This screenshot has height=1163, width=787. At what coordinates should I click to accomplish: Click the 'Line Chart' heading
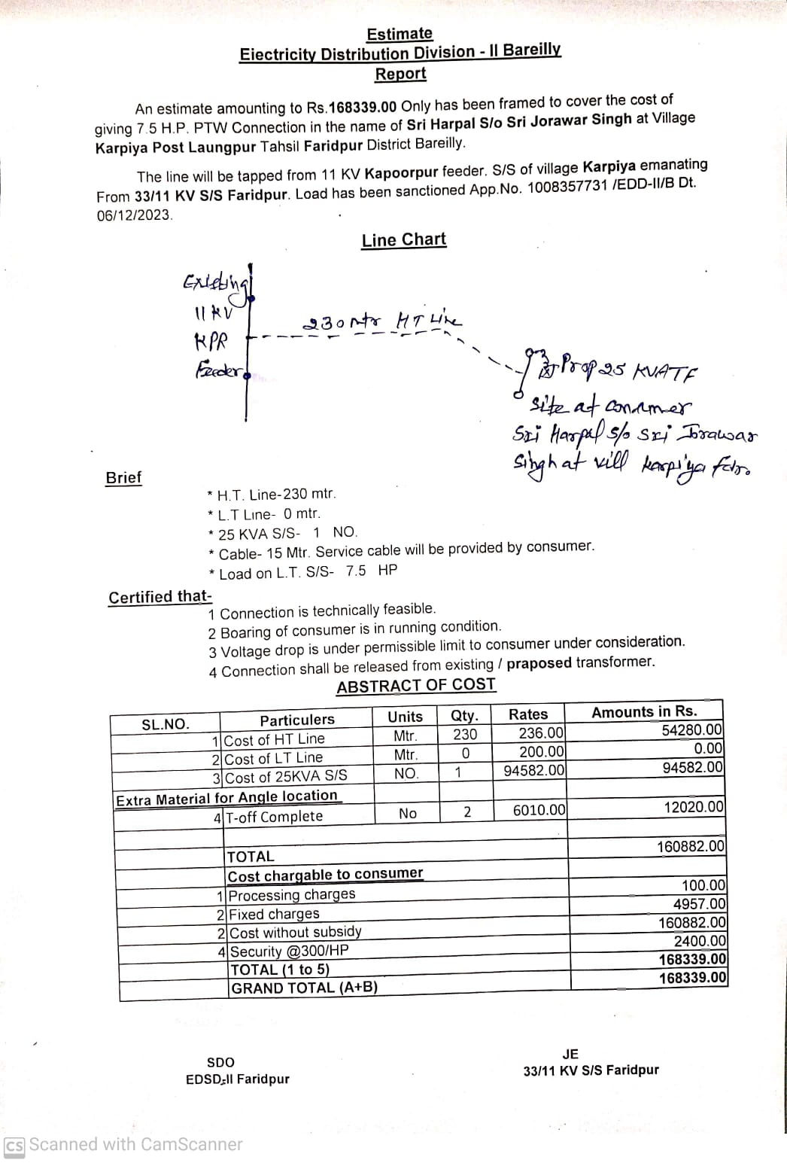coord(403,240)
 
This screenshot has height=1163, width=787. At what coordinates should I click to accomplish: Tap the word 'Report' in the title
coord(400,74)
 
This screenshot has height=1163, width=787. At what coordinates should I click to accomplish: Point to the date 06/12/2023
coord(134,215)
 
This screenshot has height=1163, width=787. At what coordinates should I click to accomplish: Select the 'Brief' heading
coord(123,478)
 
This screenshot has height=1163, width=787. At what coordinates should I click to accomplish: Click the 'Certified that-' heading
coord(160,597)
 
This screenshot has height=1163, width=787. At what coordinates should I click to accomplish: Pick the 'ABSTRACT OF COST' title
coord(416,686)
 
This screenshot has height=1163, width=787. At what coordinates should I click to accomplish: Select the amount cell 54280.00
coord(691,730)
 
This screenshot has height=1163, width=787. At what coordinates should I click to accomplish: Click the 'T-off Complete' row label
coord(274,817)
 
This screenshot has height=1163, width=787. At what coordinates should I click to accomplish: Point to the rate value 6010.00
coord(539,810)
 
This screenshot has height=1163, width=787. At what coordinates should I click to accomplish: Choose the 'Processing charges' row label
coord(291,895)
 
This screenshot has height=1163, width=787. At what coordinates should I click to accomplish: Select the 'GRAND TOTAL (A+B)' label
coord(304,988)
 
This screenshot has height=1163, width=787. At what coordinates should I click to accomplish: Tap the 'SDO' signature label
coord(220,1062)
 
